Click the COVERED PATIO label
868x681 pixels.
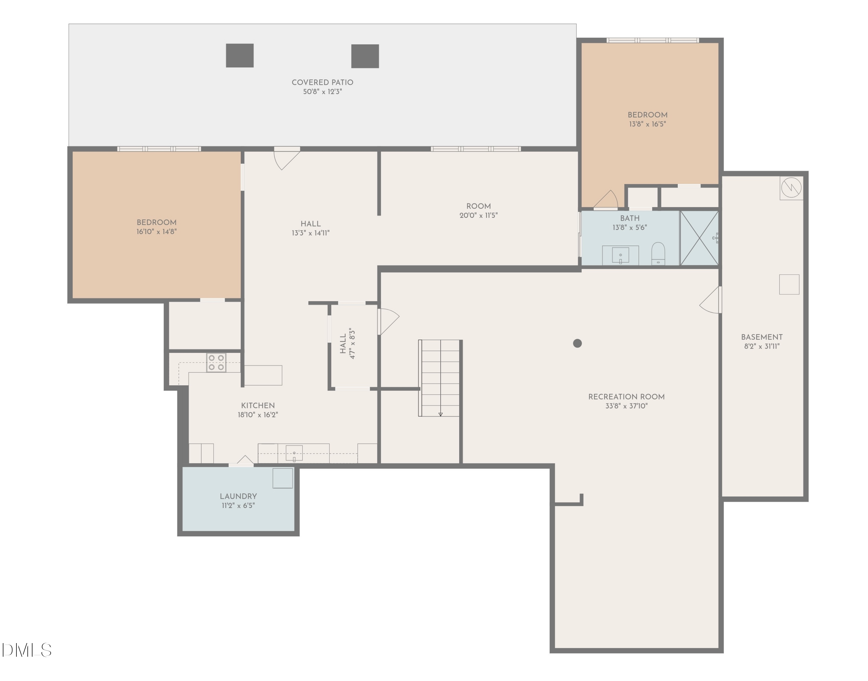click(x=322, y=82)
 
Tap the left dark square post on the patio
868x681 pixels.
click(x=240, y=56)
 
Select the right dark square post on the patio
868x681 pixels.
click(x=365, y=56)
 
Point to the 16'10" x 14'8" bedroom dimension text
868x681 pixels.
click(x=156, y=232)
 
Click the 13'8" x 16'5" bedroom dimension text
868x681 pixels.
click(x=648, y=124)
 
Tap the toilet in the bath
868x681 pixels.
click(x=658, y=254)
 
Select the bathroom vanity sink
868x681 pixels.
click(x=620, y=255)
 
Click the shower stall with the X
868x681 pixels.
click(x=699, y=238)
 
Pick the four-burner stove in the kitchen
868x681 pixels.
click(x=216, y=362)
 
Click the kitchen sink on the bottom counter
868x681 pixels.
click(x=294, y=453)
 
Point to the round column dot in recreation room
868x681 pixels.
click(x=577, y=343)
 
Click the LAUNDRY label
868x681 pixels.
click(x=238, y=496)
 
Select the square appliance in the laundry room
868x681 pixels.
click(x=283, y=478)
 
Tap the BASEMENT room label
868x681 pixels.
click(x=762, y=337)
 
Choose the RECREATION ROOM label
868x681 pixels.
click(x=626, y=397)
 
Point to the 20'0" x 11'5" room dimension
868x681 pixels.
click(x=479, y=215)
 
